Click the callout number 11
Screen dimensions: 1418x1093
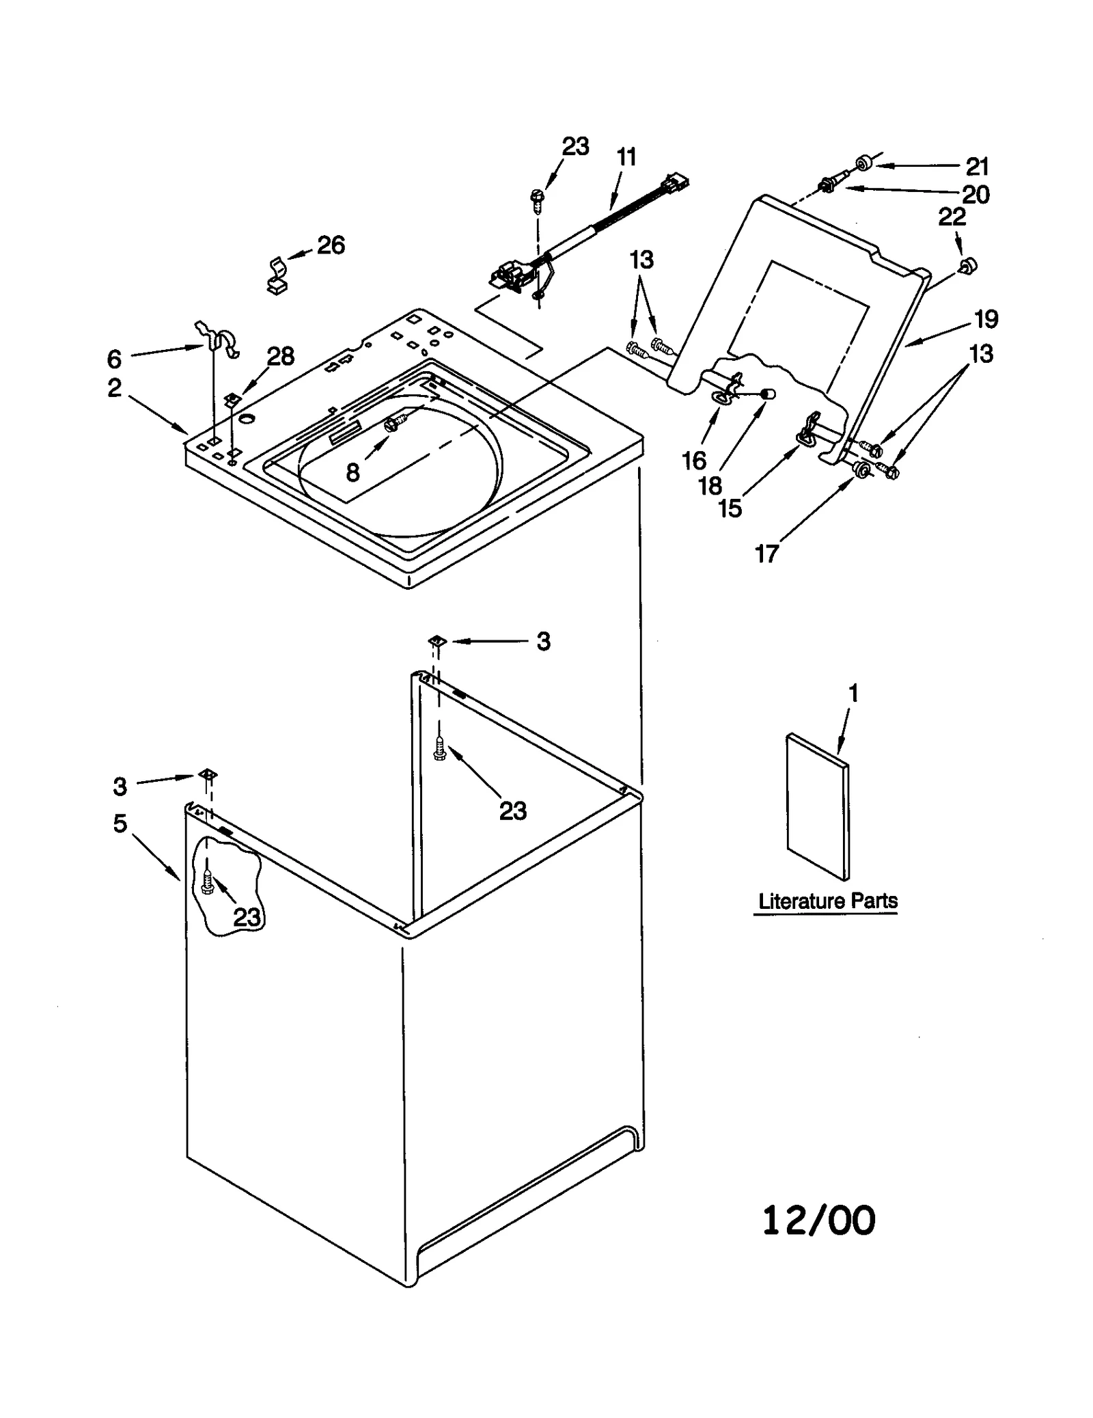click(x=626, y=157)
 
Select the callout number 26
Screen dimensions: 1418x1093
click(x=331, y=245)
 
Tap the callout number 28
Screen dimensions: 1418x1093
click(x=280, y=356)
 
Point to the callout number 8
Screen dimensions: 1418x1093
click(x=352, y=472)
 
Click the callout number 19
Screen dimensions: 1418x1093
click(x=986, y=318)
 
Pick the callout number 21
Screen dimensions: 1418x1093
click(x=978, y=167)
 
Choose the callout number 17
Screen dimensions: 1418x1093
click(x=766, y=554)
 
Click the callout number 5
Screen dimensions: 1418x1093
click(x=120, y=823)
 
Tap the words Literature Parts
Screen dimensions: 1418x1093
click(x=827, y=901)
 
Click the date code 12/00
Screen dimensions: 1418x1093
click(x=818, y=1221)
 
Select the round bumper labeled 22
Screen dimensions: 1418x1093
click(x=968, y=265)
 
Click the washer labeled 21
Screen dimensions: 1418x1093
click(x=864, y=163)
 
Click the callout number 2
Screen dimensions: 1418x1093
click(x=114, y=387)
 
